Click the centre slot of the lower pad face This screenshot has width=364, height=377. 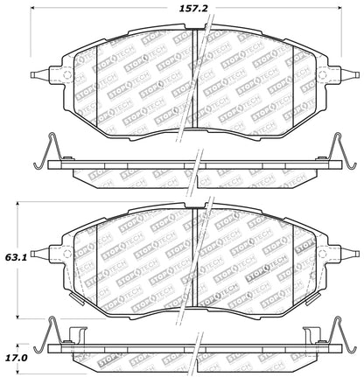[x=193, y=262]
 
